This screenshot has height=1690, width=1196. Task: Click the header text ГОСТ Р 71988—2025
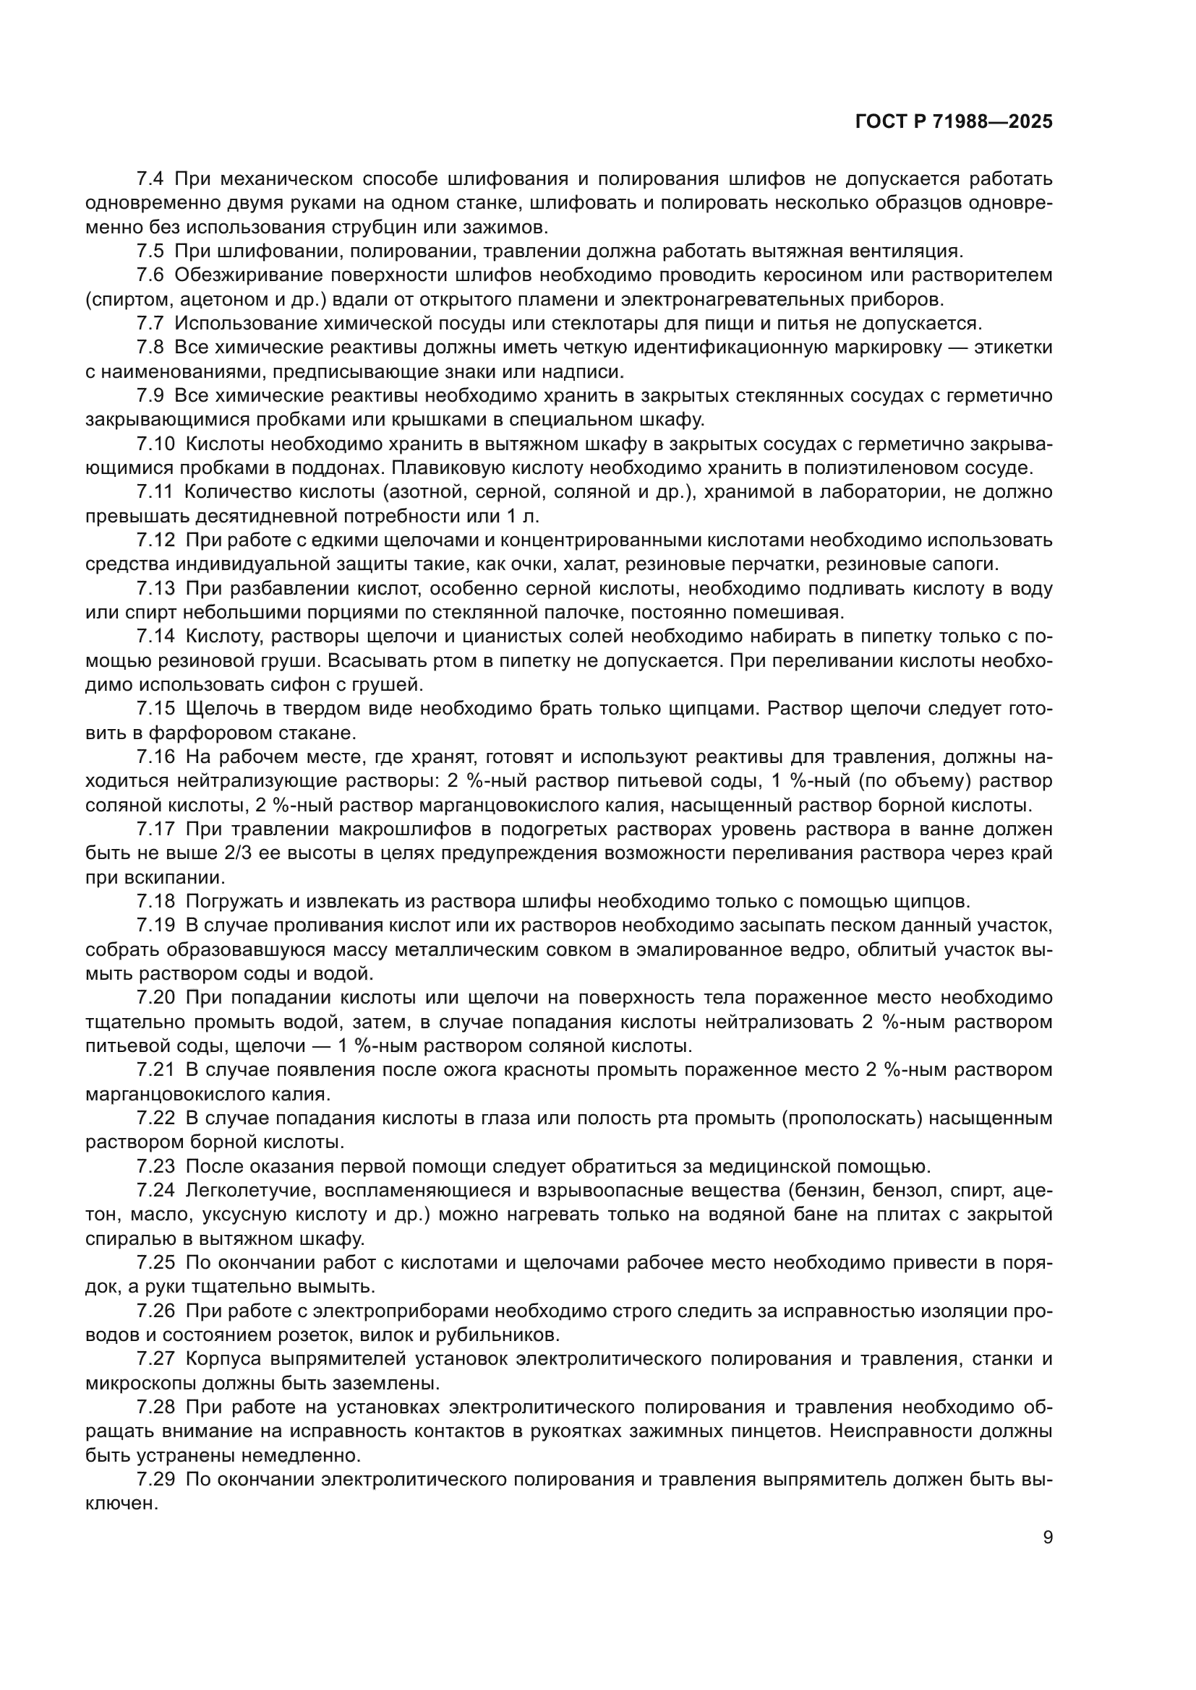click(954, 122)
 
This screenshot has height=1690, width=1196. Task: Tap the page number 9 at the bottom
click(1047, 1538)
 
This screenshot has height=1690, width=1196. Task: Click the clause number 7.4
click(152, 179)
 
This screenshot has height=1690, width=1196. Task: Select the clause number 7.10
click(156, 444)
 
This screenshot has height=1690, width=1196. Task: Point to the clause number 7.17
click(156, 829)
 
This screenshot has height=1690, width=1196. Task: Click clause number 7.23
click(156, 1166)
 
